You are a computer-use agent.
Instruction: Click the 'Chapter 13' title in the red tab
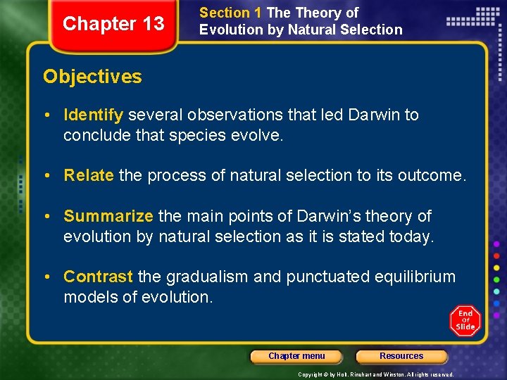click(x=113, y=24)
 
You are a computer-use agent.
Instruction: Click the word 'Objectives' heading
click(x=92, y=77)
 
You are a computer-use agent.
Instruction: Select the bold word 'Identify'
click(x=93, y=115)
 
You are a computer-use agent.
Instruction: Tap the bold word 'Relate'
click(x=89, y=175)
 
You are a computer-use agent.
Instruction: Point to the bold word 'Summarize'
click(x=108, y=216)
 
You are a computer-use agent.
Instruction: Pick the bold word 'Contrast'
click(x=98, y=277)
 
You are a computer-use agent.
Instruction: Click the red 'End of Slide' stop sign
click(x=465, y=321)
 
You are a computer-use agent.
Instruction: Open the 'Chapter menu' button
click(x=296, y=356)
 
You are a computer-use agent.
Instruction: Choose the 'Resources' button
click(x=401, y=356)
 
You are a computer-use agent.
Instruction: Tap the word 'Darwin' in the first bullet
click(x=374, y=115)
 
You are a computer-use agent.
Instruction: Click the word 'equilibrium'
click(x=413, y=277)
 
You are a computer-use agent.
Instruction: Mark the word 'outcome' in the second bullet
click(x=432, y=175)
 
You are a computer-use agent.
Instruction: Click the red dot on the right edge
click(x=496, y=255)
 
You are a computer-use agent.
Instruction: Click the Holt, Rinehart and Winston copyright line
click(x=376, y=374)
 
